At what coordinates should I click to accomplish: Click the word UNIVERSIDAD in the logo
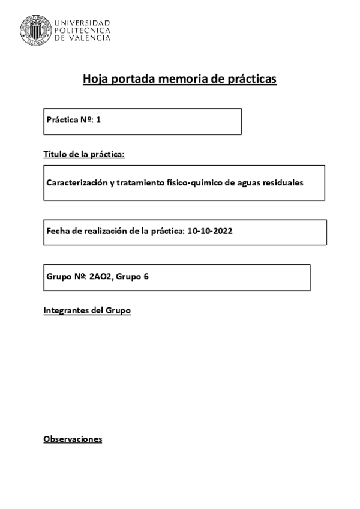click(82, 22)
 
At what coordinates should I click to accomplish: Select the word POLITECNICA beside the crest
click(82, 30)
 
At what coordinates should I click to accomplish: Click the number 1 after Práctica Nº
click(98, 120)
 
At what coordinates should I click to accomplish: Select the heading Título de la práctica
click(84, 155)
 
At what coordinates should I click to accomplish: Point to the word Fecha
click(58, 232)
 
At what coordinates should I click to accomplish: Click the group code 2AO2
click(100, 277)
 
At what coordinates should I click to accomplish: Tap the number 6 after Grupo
click(146, 277)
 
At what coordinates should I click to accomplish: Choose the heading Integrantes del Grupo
click(87, 311)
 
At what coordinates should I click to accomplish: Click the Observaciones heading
click(73, 439)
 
